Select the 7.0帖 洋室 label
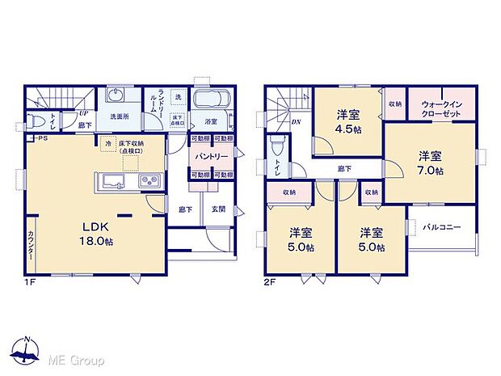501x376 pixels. click(430, 163)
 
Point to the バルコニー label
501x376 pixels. click(441, 228)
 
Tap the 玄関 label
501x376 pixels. click(219, 209)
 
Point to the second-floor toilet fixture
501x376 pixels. click(277, 147)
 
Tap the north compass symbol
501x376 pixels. click(27, 350)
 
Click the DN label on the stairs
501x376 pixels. click(297, 122)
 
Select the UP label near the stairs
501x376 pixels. click(83, 113)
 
